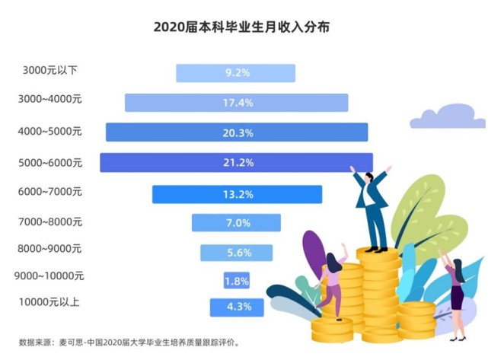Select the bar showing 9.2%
(x=235, y=73)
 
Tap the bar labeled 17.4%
(x=236, y=103)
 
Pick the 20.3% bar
(x=237, y=132)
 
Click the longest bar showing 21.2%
(x=236, y=162)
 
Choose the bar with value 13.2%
(x=237, y=194)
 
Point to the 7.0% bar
(x=236, y=223)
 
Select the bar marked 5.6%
(x=236, y=253)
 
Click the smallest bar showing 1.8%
(x=236, y=281)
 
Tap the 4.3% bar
(x=237, y=307)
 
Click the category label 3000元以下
(x=50, y=71)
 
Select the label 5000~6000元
(x=50, y=162)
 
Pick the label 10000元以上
(x=50, y=303)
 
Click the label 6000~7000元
(x=50, y=193)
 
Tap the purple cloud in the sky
(x=447, y=116)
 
